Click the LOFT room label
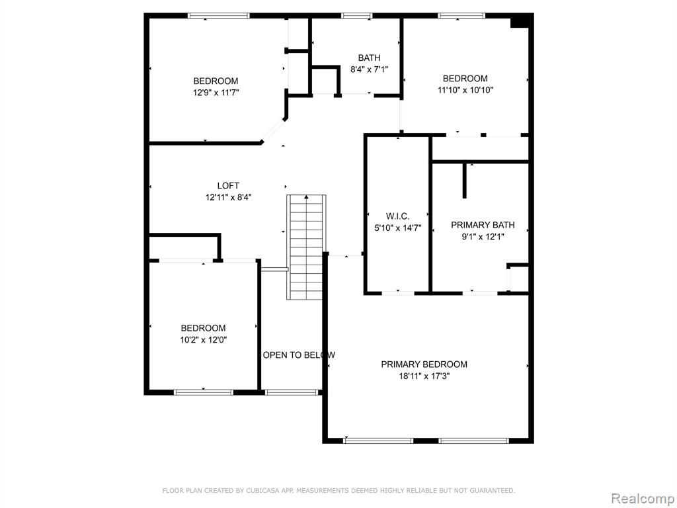[x=228, y=186]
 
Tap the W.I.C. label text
[x=397, y=216]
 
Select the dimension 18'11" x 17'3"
[x=424, y=376]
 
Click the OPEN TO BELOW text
[x=299, y=355]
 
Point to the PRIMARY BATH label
[x=483, y=225]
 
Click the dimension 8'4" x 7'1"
[x=369, y=69]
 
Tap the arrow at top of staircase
[x=306, y=197]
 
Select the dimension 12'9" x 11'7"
[x=216, y=93]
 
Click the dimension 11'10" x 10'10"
[x=465, y=90]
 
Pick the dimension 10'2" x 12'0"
[x=204, y=339]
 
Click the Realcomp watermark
[x=643, y=498]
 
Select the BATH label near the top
[x=369, y=58]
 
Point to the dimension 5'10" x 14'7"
[x=397, y=228]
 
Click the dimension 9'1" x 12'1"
[x=483, y=236]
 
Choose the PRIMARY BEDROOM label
[x=424, y=364]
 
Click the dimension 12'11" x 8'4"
[x=228, y=197]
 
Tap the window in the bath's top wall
[x=356, y=16]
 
